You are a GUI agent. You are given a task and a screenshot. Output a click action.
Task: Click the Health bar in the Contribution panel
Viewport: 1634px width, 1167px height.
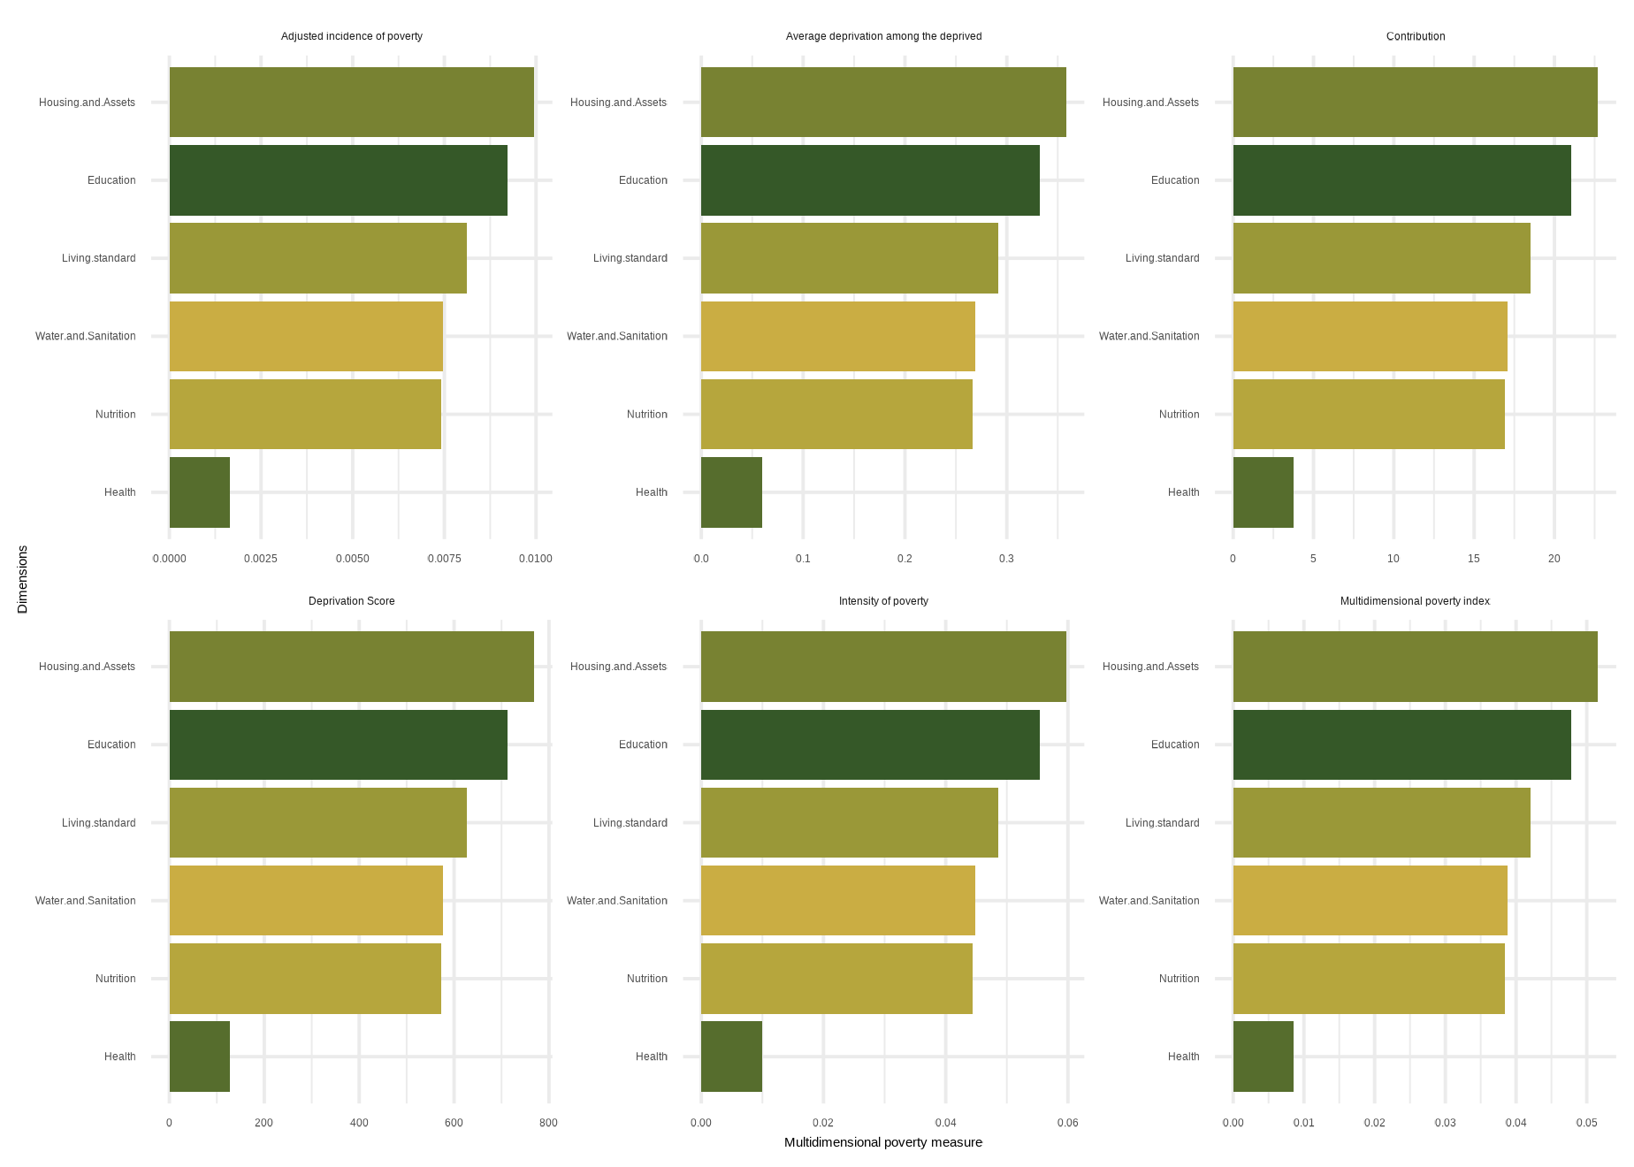coord(1263,492)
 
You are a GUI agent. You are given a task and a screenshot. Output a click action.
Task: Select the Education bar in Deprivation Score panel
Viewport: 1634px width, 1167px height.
coord(338,744)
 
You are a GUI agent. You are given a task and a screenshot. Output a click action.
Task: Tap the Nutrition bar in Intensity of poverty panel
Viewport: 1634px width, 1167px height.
coord(836,979)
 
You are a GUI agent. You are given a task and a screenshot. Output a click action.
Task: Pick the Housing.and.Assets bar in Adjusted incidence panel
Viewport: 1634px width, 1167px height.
coord(351,103)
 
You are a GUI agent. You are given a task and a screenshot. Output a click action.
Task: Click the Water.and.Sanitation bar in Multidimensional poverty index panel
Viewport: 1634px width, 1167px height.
coord(1370,901)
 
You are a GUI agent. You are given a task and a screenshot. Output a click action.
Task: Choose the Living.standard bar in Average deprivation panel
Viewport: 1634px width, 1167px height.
coord(849,258)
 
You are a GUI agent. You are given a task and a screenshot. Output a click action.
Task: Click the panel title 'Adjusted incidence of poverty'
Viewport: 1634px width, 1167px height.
coord(351,36)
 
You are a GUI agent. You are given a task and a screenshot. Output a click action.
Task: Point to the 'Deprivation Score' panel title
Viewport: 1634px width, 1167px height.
coord(351,601)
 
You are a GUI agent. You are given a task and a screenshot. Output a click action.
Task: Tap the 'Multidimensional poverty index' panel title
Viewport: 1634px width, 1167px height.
coord(1415,601)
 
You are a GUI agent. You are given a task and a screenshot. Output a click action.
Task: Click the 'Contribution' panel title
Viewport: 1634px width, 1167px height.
coord(1416,36)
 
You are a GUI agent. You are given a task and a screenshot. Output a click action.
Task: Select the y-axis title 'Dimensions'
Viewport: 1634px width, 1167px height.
coord(23,579)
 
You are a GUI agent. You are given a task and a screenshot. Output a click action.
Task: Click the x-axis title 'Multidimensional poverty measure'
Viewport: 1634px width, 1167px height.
coord(882,1142)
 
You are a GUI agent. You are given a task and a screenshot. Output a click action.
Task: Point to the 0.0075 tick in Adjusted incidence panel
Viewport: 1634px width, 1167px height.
coord(444,559)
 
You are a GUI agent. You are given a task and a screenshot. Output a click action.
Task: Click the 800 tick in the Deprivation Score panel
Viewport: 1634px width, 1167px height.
coord(548,1124)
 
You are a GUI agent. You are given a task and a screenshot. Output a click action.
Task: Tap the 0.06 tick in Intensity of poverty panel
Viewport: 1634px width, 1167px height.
coord(1067,1124)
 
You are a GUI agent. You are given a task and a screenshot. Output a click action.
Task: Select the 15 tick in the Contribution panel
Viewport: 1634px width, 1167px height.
coord(1474,559)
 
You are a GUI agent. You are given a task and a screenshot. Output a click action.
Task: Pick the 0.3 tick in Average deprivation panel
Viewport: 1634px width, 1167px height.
coord(1006,559)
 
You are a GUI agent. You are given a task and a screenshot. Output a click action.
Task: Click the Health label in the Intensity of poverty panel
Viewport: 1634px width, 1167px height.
coord(651,1056)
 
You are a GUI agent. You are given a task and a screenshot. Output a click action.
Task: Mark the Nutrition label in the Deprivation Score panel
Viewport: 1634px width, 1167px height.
coord(115,979)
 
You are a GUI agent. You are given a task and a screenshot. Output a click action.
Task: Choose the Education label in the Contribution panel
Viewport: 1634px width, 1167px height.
coord(1175,180)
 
